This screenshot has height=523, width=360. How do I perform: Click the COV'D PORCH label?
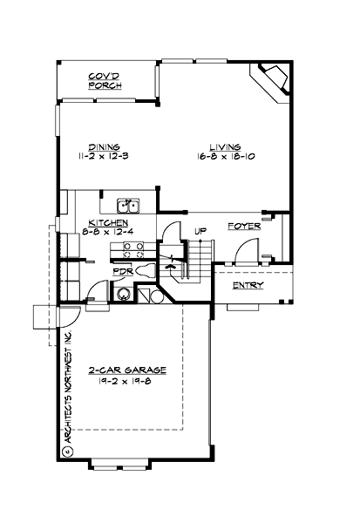[x=105, y=82]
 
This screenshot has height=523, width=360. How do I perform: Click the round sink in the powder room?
[x=124, y=295]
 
